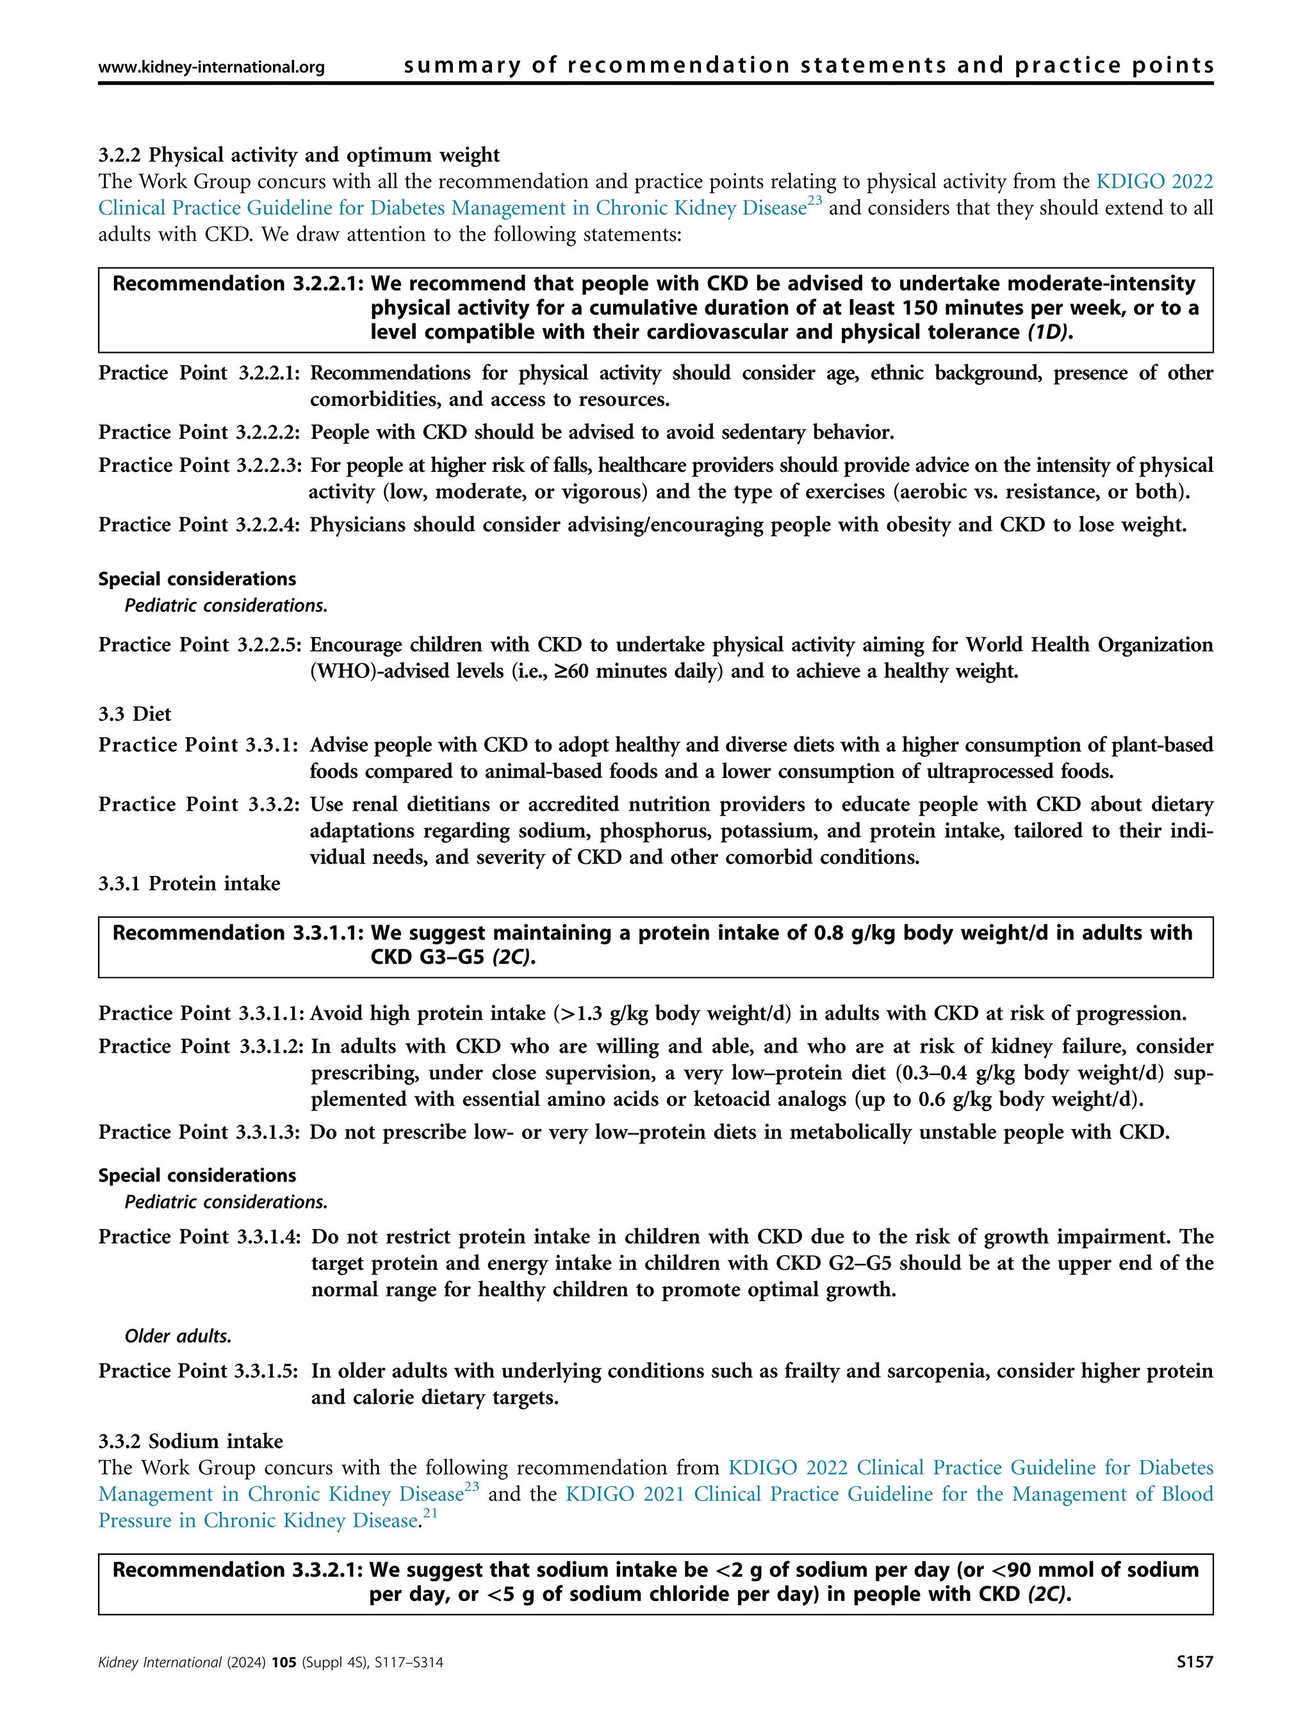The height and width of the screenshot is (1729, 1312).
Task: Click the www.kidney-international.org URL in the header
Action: [x=211, y=67]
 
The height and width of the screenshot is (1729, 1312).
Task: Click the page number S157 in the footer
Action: [x=1195, y=1684]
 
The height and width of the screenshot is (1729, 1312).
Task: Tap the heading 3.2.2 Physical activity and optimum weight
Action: [x=299, y=155]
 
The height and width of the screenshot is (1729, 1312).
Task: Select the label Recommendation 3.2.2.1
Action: [x=238, y=284]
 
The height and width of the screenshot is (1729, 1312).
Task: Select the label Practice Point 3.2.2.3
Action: [x=199, y=465]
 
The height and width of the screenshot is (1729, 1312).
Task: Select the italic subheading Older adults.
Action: [x=177, y=1336]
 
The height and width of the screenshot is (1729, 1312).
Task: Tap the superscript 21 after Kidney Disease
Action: [x=429, y=1513]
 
